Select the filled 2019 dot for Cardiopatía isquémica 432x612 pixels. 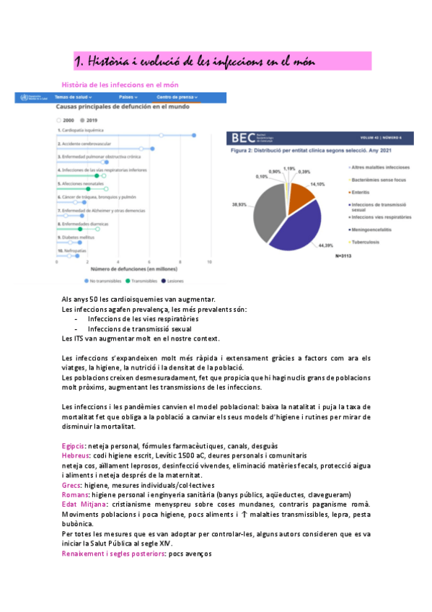click(193, 135)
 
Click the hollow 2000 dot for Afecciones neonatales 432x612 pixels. click(105, 188)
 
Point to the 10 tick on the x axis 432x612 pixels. click(209, 262)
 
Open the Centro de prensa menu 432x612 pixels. click(177, 96)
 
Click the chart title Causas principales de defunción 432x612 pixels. click(123, 106)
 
